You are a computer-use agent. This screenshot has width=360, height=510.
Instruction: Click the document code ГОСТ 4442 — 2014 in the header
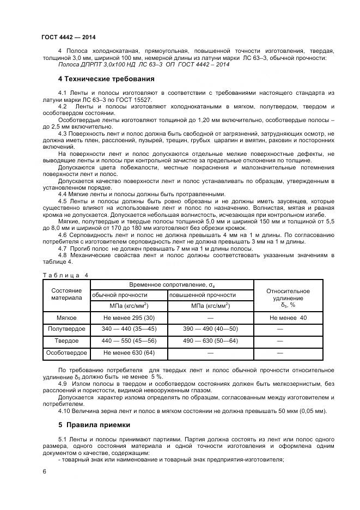(64, 37)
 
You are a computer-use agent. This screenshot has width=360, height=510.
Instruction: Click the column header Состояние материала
(66, 294)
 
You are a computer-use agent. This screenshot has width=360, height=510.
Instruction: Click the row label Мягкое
(66, 318)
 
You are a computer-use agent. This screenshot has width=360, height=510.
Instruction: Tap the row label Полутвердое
(66, 329)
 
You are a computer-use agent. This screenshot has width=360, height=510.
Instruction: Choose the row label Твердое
(66, 341)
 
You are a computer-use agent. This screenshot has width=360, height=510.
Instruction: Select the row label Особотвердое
(66, 353)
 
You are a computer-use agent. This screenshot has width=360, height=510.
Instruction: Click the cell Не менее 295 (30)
(129, 318)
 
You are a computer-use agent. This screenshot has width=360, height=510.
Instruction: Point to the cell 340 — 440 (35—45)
(129, 329)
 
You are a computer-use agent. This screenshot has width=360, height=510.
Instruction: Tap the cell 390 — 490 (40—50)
(211, 329)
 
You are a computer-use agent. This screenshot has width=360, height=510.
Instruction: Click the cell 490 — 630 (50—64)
(211, 341)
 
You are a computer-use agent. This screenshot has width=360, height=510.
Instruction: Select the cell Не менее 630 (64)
(129, 353)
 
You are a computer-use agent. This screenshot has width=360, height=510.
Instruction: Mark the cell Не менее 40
(288, 318)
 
